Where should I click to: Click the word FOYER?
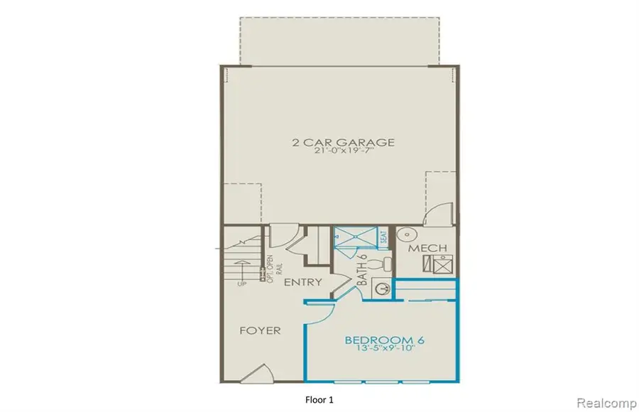[259, 330]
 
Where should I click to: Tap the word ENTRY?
[303, 282]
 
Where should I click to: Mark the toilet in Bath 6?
[386, 264]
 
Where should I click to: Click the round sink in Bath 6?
[381, 288]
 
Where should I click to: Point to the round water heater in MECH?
[406, 234]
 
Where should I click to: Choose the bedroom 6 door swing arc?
[317, 313]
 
